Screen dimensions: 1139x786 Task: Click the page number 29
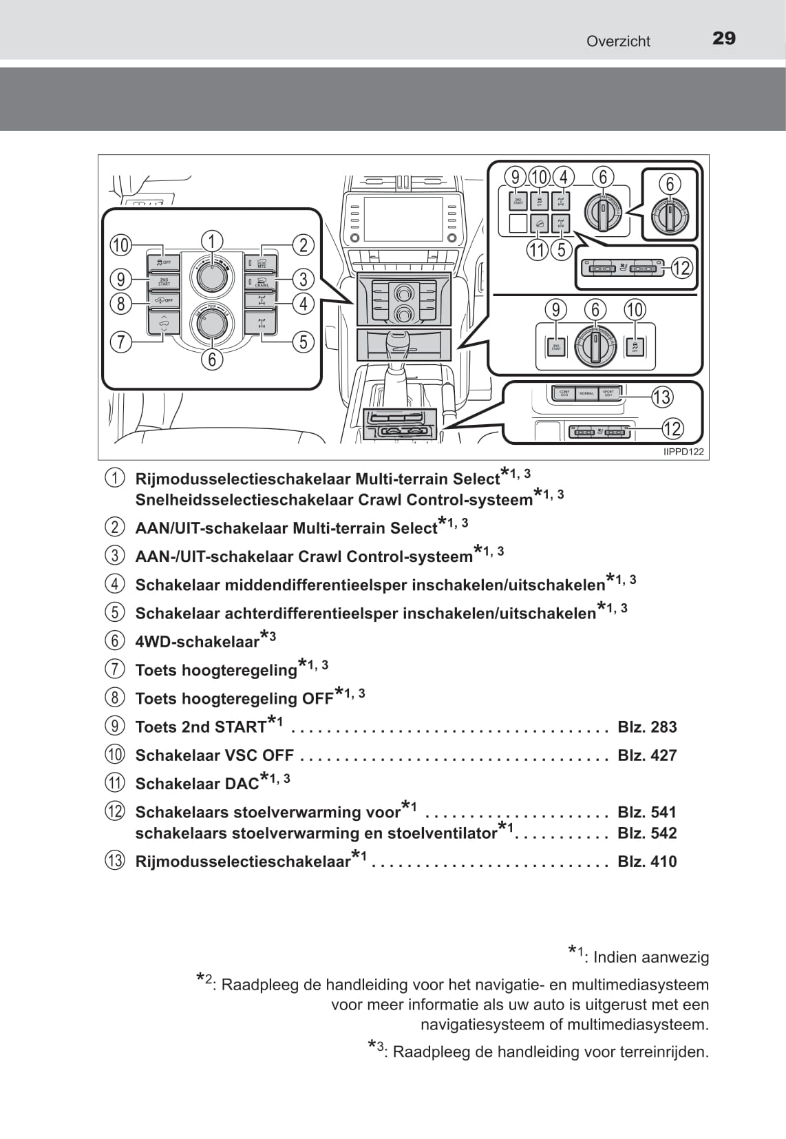click(723, 39)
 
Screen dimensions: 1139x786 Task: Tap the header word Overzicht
click(618, 41)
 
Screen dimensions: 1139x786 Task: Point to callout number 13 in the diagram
click(661, 397)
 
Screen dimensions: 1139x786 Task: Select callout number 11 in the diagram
click(538, 249)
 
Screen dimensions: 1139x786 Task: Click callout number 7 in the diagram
click(121, 342)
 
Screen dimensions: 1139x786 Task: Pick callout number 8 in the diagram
click(121, 303)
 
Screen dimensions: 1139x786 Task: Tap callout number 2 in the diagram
click(304, 244)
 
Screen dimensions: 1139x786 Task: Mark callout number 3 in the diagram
click(304, 279)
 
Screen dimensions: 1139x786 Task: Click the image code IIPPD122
click(683, 452)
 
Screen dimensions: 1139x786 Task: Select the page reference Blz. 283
click(647, 727)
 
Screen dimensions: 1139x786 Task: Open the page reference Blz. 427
click(647, 755)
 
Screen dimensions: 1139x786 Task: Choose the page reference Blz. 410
click(647, 861)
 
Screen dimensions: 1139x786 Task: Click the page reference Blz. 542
click(647, 833)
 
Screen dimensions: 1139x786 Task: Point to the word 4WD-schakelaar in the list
click(198, 642)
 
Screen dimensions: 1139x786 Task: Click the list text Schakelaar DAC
click(197, 784)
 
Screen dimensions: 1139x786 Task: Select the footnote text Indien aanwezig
click(650, 957)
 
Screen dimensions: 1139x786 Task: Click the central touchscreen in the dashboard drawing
click(403, 219)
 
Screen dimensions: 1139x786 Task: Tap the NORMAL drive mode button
click(586, 393)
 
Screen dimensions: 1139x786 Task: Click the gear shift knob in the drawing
click(396, 342)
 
